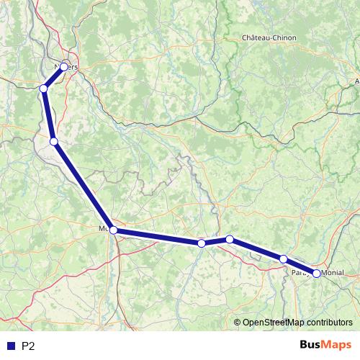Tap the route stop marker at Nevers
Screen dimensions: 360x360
(64, 67)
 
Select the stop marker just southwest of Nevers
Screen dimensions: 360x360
(43, 89)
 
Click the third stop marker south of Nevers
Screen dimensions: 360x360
(54, 142)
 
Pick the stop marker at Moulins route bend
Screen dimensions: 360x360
(113, 230)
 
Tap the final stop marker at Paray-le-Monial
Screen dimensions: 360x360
(316, 273)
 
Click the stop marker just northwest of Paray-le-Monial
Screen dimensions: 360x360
(284, 258)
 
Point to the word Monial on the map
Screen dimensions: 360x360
(333, 272)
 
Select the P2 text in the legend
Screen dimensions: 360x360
(29, 346)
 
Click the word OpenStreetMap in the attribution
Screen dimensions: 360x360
(274, 323)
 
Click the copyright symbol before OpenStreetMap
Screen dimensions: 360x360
(237, 323)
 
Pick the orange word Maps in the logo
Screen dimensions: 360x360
(337, 346)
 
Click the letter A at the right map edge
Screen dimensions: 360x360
(357, 81)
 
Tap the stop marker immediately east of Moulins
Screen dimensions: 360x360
(202, 243)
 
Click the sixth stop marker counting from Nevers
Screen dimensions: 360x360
(230, 239)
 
